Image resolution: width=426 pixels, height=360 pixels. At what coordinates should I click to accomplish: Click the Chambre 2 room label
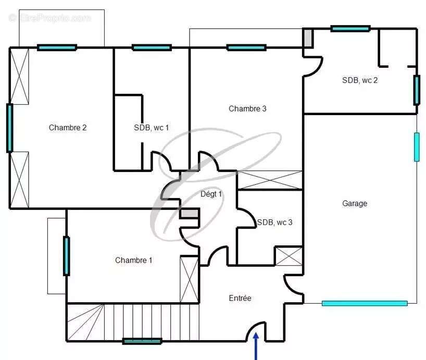[x=68, y=128]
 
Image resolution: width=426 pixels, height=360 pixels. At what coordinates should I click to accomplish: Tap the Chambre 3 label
[x=247, y=109]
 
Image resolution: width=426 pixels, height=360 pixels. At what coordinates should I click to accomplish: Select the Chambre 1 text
[x=134, y=260]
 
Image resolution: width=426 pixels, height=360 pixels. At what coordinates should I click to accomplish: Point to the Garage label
[x=355, y=204]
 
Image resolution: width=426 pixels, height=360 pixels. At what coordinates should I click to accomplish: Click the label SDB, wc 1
[x=152, y=128]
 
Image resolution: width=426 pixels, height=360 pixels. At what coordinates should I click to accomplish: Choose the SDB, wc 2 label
[x=360, y=80]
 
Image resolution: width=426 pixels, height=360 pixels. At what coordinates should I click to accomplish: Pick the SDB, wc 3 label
[x=274, y=222]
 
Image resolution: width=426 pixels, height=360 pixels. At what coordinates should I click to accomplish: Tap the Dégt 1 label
[x=211, y=194]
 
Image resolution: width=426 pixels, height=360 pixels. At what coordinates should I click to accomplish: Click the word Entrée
[x=240, y=298]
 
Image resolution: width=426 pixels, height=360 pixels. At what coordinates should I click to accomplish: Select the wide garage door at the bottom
[x=365, y=303]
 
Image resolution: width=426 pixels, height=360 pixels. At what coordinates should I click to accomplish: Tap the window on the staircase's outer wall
[x=142, y=341]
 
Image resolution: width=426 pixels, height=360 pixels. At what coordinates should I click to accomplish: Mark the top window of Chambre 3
[x=246, y=48]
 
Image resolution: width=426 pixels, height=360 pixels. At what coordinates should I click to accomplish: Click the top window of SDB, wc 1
[x=152, y=47]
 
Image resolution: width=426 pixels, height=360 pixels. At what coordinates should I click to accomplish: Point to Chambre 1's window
[x=66, y=256]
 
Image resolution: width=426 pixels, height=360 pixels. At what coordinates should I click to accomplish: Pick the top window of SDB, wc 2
[x=350, y=29]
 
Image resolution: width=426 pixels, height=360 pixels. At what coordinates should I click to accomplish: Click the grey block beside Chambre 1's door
[x=190, y=213]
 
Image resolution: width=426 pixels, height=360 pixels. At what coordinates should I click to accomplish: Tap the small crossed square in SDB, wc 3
[x=289, y=256]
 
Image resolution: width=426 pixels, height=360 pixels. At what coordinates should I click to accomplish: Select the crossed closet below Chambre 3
[x=270, y=180]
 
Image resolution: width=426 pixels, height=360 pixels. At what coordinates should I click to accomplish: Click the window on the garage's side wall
[x=417, y=147]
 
